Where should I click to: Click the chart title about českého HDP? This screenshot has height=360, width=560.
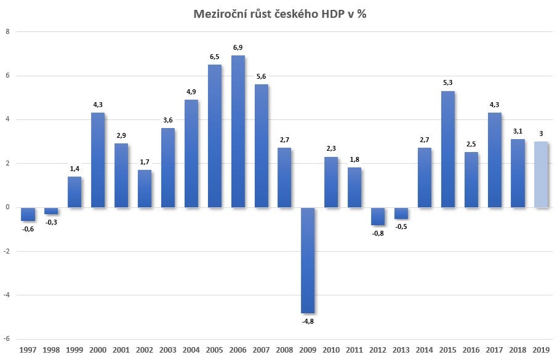pyautogui.click(x=281, y=14)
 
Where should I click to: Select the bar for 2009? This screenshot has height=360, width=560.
pyautogui.click(x=308, y=260)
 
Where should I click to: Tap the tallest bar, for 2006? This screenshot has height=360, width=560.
pyautogui.click(x=238, y=131)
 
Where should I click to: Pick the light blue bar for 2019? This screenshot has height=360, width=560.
pyautogui.click(x=542, y=174)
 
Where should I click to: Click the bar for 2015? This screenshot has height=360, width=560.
pyautogui.click(x=448, y=149)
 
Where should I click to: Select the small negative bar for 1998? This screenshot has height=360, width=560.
pyautogui.click(x=51, y=210)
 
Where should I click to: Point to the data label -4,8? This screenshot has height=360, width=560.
pyautogui.click(x=308, y=321)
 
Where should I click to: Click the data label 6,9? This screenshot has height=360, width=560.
pyautogui.click(x=238, y=47)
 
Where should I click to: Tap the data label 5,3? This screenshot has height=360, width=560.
pyautogui.click(x=448, y=82)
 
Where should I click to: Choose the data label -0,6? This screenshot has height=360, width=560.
pyautogui.click(x=28, y=229)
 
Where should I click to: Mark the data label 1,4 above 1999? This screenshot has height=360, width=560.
pyautogui.click(x=74, y=168)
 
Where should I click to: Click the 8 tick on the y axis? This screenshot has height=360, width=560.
pyautogui.click(x=7, y=32)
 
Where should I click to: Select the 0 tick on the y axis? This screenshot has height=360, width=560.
pyautogui.click(x=7, y=207)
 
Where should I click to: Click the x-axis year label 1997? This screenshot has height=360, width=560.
pyautogui.click(x=28, y=350)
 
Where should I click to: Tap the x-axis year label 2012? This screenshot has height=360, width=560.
pyautogui.click(x=378, y=350)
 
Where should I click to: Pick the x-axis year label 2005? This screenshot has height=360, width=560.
pyautogui.click(x=214, y=350)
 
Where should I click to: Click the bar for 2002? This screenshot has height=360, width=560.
pyautogui.click(x=145, y=188)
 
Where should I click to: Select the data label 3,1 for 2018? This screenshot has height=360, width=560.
pyautogui.click(x=518, y=130)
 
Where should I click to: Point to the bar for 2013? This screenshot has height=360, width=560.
pyautogui.click(x=401, y=213)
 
